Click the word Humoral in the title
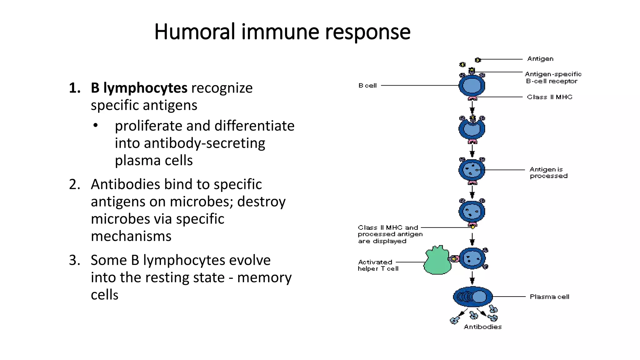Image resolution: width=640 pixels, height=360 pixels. pyautogui.click(x=194, y=32)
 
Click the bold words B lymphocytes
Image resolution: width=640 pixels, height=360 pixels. pyautogui.click(x=139, y=88)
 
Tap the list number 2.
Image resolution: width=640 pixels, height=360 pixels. pyautogui.click(x=74, y=184)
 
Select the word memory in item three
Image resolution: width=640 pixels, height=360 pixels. pyautogui.click(x=264, y=277)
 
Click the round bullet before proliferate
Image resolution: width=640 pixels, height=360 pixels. pyautogui.click(x=96, y=126)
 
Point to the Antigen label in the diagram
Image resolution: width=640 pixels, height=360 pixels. pyautogui.click(x=540, y=59)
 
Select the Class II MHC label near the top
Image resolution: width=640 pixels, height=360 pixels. pyautogui.click(x=549, y=97)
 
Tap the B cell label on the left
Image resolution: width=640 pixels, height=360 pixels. pyautogui.click(x=367, y=85)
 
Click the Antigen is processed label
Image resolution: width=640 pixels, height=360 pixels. pyautogui.click(x=548, y=172)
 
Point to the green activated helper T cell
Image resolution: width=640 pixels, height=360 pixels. pyautogui.click(x=437, y=261)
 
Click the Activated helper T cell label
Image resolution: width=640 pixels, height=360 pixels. pyautogui.click(x=378, y=265)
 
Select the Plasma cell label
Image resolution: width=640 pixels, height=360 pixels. pyautogui.click(x=549, y=297)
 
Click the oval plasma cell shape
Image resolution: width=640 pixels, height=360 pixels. pyautogui.click(x=472, y=297)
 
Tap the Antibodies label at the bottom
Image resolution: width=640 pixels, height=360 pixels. pyautogui.click(x=482, y=327)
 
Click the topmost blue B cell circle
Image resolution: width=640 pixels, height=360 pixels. pyautogui.click(x=472, y=86)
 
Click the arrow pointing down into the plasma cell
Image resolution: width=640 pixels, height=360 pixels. pyautogui.click(x=472, y=277)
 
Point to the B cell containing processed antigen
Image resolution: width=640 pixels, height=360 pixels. pyautogui.click(x=472, y=170)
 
